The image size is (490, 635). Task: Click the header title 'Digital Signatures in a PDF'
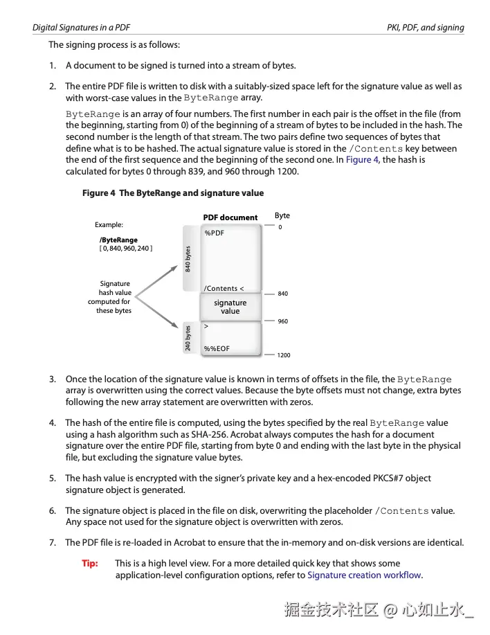[82, 28]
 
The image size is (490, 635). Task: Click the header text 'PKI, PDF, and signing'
[425, 28]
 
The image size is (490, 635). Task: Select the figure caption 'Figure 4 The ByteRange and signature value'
[172, 193]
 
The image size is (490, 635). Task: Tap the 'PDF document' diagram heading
[230, 217]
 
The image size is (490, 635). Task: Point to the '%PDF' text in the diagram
[215, 233]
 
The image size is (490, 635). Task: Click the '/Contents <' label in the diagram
[224, 289]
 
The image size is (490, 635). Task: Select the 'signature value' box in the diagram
[230, 307]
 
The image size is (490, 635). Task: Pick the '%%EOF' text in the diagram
[217, 349]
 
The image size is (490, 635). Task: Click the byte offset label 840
[282, 294]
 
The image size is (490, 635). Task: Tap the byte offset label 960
[282, 322]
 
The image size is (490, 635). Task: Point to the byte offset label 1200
[284, 355]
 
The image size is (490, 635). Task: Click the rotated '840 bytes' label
[188, 258]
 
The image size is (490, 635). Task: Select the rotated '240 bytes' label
[188, 338]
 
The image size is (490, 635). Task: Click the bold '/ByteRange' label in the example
[118, 240]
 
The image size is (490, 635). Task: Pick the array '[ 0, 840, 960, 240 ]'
[126, 249]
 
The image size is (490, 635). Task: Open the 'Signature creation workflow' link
[364, 575]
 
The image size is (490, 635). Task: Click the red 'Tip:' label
[90, 564]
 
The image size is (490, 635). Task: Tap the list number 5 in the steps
[53, 479]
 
